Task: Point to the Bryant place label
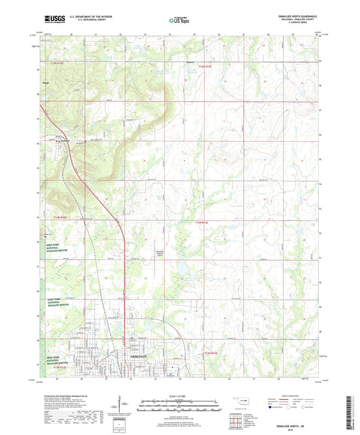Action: [46, 86]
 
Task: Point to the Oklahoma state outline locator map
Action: [242, 405]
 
